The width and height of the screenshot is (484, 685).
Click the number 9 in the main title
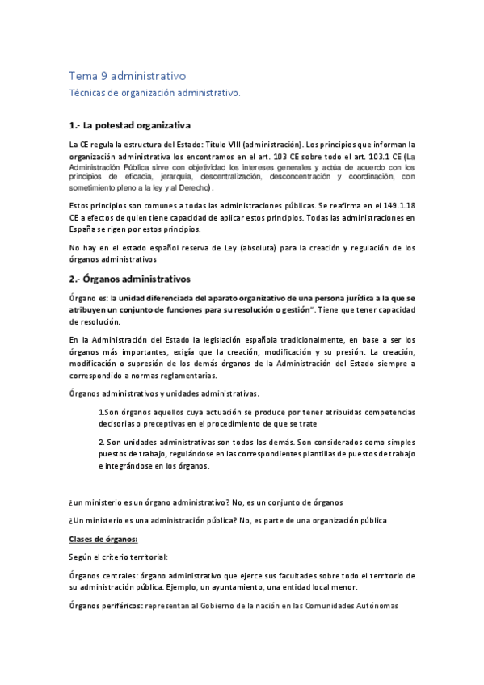click(x=103, y=76)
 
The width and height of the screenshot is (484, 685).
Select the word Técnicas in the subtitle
click(x=88, y=94)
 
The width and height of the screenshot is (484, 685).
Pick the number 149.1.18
click(x=394, y=207)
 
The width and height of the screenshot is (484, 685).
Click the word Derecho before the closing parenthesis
click(x=194, y=187)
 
